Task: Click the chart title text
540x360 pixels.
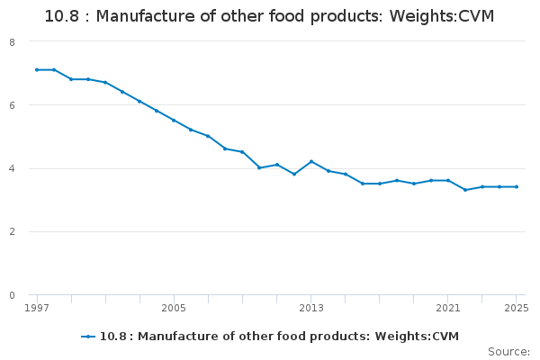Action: [269, 16]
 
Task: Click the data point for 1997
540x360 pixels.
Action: [37, 69]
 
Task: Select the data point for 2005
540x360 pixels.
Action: [174, 121]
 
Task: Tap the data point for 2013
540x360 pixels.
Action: [310, 162]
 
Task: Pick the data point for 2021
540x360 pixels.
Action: [448, 181]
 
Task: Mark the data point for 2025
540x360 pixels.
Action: [517, 187]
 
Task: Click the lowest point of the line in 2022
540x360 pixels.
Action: [465, 190]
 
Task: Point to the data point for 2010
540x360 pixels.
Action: [259, 167]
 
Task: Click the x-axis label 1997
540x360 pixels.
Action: [37, 308]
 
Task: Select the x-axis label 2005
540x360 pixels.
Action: [174, 308]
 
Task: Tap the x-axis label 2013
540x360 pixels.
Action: [310, 308]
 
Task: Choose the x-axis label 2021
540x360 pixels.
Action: [448, 308]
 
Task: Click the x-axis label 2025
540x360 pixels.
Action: [516, 308]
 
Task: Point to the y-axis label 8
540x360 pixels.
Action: [12, 42]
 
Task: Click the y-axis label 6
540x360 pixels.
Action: [12, 105]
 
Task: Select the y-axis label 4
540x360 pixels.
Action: [12, 169]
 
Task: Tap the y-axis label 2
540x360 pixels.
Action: [12, 232]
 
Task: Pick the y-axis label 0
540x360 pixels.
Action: [12, 295]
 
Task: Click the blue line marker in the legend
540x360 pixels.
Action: [88, 337]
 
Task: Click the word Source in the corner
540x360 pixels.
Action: [508, 351]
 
